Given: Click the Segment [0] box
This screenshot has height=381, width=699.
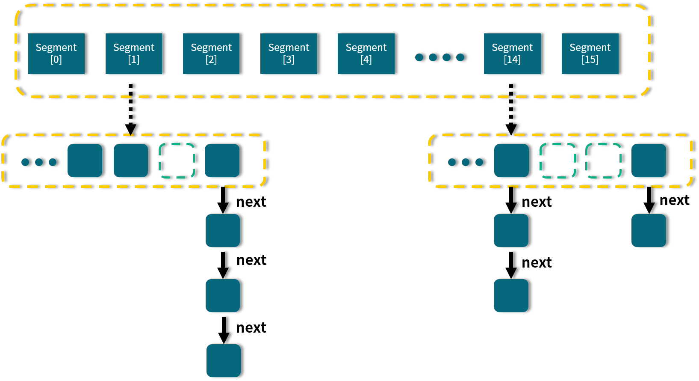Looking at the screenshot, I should click(56, 54).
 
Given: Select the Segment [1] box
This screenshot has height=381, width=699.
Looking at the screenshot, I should click(134, 54).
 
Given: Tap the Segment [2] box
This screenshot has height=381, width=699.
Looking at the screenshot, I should click(211, 54).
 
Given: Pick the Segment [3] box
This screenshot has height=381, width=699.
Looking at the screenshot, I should click(289, 54).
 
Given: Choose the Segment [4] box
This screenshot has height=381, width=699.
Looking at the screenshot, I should click(366, 54).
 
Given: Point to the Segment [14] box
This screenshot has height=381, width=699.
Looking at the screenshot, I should click(512, 54).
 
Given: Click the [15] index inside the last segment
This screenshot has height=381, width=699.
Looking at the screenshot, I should click(590, 60).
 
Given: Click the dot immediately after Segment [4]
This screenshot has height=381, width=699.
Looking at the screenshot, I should click(419, 57).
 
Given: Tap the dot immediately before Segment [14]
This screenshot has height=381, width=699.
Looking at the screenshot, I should click(460, 57).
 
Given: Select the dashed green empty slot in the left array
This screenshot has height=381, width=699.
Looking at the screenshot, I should click(177, 161).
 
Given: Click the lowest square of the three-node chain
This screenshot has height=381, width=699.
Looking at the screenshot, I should click(224, 360).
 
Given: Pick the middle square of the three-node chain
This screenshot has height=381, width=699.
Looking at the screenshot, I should click(223, 295).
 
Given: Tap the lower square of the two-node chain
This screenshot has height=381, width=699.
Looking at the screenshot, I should click(511, 295).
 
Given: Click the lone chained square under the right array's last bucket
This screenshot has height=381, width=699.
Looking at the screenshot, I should click(649, 230).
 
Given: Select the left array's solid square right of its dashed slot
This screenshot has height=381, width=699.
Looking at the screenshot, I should click(222, 161).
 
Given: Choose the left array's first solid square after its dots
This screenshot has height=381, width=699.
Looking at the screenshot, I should click(85, 161).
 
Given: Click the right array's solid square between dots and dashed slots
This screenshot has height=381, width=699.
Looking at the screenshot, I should click(511, 161).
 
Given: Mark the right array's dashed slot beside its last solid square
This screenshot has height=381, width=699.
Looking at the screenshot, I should click(603, 161).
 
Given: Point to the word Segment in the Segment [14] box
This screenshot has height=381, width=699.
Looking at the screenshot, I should click(512, 48).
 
